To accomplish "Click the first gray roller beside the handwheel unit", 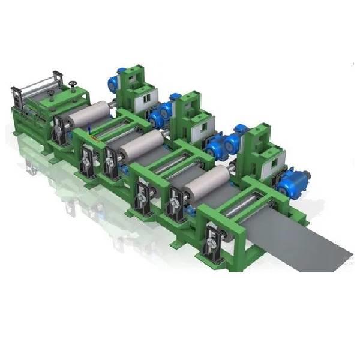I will [x=90, y=114].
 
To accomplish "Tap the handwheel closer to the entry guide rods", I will [x=51, y=92].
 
